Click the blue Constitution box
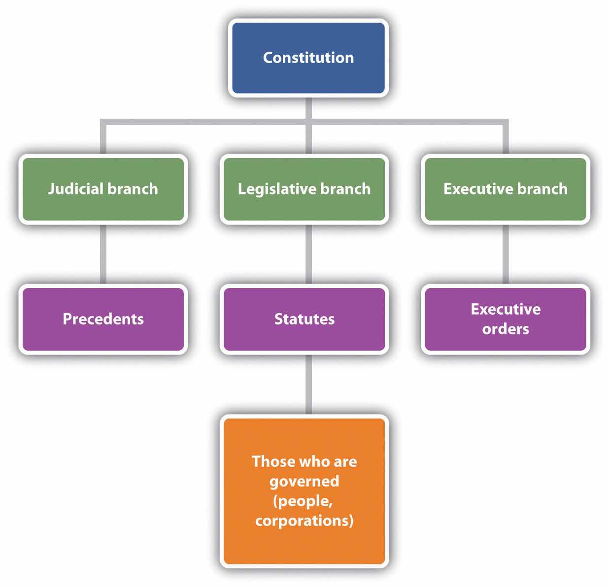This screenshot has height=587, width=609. [308, 58]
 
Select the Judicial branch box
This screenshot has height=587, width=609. [103, 189]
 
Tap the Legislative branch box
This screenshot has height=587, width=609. [304, 189]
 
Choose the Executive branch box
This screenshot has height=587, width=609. [506, 189]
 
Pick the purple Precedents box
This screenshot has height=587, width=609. [103, 319]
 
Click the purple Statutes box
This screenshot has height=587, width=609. [304, 319]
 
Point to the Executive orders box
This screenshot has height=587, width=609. [506, 319]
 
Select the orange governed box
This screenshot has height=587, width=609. [304, 491]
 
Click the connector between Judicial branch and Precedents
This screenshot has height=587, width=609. [103, 254]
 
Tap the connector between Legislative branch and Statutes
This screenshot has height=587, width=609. [308, 254]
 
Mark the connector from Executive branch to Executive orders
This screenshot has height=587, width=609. [506, 254]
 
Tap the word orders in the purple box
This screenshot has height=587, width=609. [506, 329]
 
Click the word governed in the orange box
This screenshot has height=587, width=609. [304, 481]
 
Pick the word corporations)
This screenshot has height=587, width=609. [304, 521]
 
